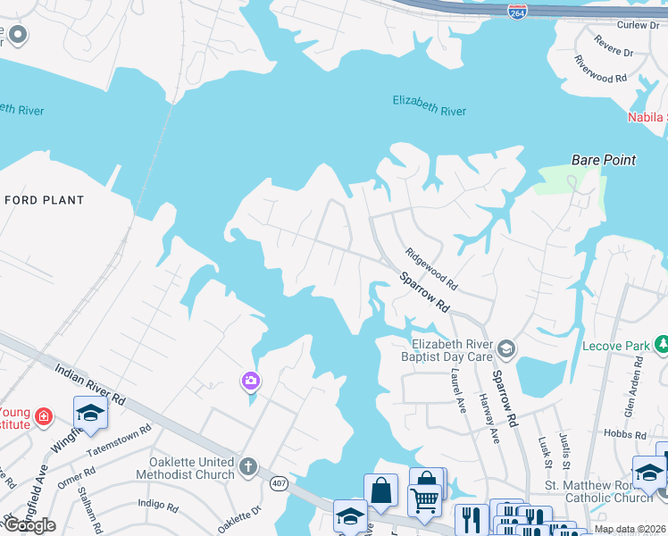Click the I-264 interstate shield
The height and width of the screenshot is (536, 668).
point(516,12)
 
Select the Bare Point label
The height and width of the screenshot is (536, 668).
point(604,160)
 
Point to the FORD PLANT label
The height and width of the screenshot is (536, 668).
point(45,200)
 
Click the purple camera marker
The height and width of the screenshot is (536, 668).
point(251,381)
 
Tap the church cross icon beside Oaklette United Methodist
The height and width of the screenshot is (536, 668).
point(248,466)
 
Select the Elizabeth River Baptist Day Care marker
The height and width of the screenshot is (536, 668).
point(506,348)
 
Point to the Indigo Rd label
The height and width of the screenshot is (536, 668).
point(159,505)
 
